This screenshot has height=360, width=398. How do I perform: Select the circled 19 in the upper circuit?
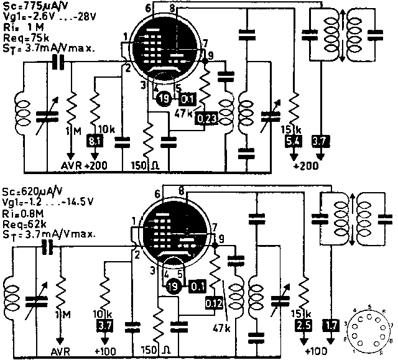[164, 98]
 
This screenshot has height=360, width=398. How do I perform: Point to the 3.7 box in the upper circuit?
[320, 142]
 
